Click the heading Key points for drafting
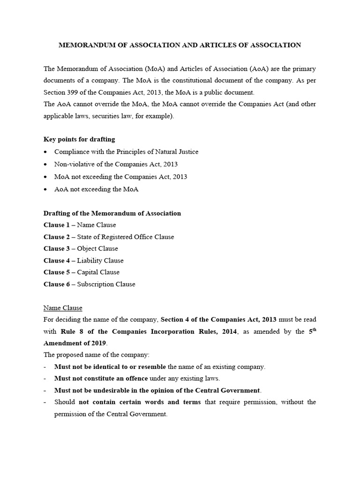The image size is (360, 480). [79, 139]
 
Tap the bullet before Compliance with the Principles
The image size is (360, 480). [45, 152]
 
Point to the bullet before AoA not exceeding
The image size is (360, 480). [45, 189]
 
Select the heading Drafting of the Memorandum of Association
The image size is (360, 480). [112, 213]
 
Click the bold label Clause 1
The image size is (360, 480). [56, 225]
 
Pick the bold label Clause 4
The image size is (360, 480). [56, 261]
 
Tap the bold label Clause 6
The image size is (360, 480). [56, 284]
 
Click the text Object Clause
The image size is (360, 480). [97, 249]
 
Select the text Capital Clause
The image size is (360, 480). [98, 272]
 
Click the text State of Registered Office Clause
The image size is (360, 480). [125, 237]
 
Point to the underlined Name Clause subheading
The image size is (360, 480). [63, 308]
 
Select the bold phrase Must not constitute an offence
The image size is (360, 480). [101, 378]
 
